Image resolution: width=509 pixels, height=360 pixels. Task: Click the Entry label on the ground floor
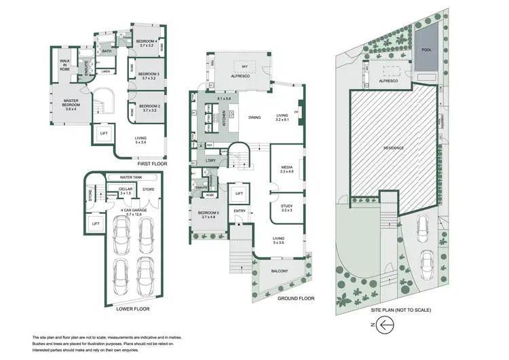(x=240, y=211)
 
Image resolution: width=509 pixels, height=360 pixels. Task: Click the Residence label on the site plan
(x=394, y=148)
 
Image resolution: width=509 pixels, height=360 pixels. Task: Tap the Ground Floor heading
(x=297, y=298)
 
